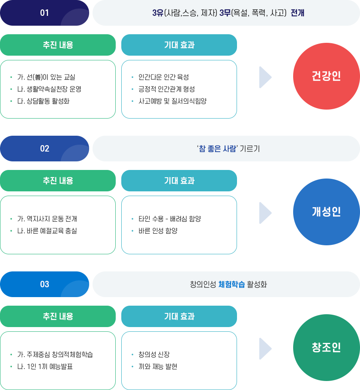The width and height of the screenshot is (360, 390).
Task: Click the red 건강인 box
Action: (x=326, y=76)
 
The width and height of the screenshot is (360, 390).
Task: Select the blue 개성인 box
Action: (x=326, y=211)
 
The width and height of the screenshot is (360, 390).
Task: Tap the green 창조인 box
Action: (x=326, y=347)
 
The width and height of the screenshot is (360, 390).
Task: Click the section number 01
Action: (x=45, y=13)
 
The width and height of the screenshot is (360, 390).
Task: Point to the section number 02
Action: (x=45, y=149)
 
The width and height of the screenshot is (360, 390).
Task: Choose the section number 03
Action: (x=45, y=284)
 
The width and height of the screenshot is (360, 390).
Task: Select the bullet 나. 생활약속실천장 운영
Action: (x=49, y=89)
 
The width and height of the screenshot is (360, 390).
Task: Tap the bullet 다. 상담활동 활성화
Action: (x=43, y=101)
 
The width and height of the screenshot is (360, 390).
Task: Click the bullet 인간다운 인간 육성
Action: (x=163, y=77)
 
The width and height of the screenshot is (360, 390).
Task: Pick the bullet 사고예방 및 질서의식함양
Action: (x=172, y=101)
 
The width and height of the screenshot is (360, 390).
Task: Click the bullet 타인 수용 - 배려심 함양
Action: (x=169, y=219)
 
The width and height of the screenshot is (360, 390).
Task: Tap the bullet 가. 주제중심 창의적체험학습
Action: (x=55, y=354)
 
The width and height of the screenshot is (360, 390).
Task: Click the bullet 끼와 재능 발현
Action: (x=158, y=366)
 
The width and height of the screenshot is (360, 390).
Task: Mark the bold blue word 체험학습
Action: (x=231, y=284)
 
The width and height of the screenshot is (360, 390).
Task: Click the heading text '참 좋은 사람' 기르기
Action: (x=228, y=149)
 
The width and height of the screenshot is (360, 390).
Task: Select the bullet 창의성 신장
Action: (x=154, y=354)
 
